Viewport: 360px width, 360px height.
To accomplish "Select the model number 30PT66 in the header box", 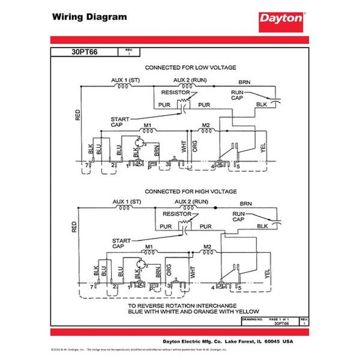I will pos(85,52).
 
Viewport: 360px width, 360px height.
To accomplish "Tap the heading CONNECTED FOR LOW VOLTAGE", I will pos(190,67).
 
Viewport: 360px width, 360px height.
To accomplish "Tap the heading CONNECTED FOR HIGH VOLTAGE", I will pos(190,190).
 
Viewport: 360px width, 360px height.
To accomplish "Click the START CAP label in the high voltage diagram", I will pos(120,243).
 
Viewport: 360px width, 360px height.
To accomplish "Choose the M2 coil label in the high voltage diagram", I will pos(206,247).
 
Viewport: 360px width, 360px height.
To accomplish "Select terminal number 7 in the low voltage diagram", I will pos(88,165).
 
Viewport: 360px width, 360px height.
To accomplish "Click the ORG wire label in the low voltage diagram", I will pos(194,146).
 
